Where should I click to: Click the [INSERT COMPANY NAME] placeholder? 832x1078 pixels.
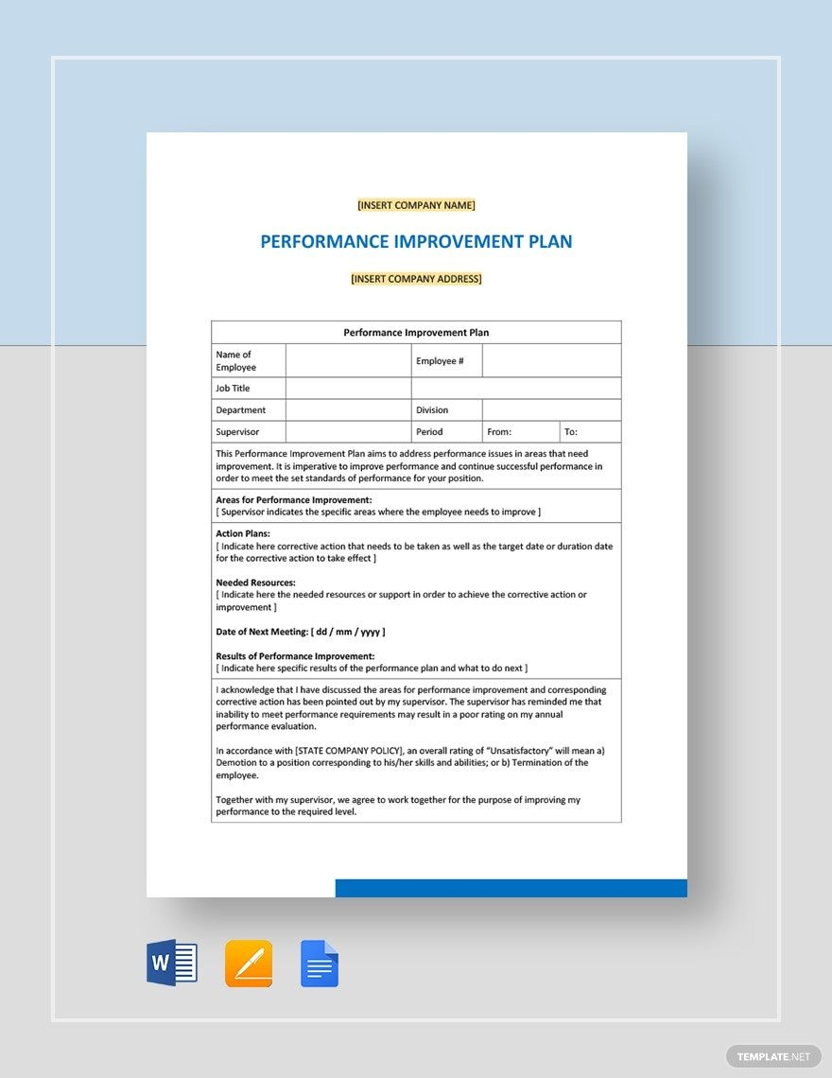(x=416, y=205)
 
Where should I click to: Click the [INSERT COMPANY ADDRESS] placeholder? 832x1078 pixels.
(x=416, y=279)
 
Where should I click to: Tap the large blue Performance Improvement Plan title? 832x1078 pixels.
(x=416, y=241)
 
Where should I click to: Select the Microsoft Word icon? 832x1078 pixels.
(x=172, y=964)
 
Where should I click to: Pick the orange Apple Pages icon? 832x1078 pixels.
(x=249, y=964)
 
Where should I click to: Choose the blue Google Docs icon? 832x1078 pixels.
(x=320, y=964)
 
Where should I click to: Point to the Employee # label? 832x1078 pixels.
(x=440, y=361)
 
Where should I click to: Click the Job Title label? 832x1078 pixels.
(x=233, y=389)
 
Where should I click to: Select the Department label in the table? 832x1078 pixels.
(x=240, y=410)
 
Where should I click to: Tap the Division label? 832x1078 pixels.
(x=432, y=410)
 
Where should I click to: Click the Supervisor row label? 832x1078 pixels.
(x=237, y=432)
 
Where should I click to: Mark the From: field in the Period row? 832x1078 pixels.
(x=499, y=432)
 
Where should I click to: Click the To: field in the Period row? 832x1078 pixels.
(x=571, y=432)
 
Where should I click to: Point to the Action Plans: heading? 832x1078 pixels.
(x=243, y=534)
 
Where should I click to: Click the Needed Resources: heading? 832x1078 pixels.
(x=255, y=582)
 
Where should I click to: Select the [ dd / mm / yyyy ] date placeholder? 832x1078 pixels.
(x=348, y=632)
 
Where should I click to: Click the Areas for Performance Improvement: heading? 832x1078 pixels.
(x=293, y=499)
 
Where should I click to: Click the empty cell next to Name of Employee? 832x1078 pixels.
(x=348, y=361)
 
